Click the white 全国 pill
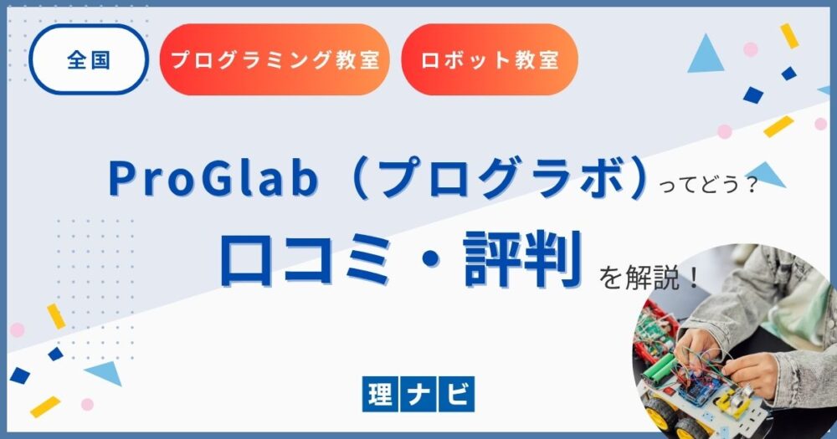click(89, 59)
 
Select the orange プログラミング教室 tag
click(275, 59)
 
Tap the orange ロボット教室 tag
click(490, 59)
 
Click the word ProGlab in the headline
click(213, 178)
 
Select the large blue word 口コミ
click(305, 259)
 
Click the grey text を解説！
click(649, 278)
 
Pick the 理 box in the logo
click(380, 394)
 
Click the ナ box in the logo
click(418, 394)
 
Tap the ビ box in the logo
click(456, 394)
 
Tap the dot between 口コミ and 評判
click(426, 261)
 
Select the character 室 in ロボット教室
click(547, 59)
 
